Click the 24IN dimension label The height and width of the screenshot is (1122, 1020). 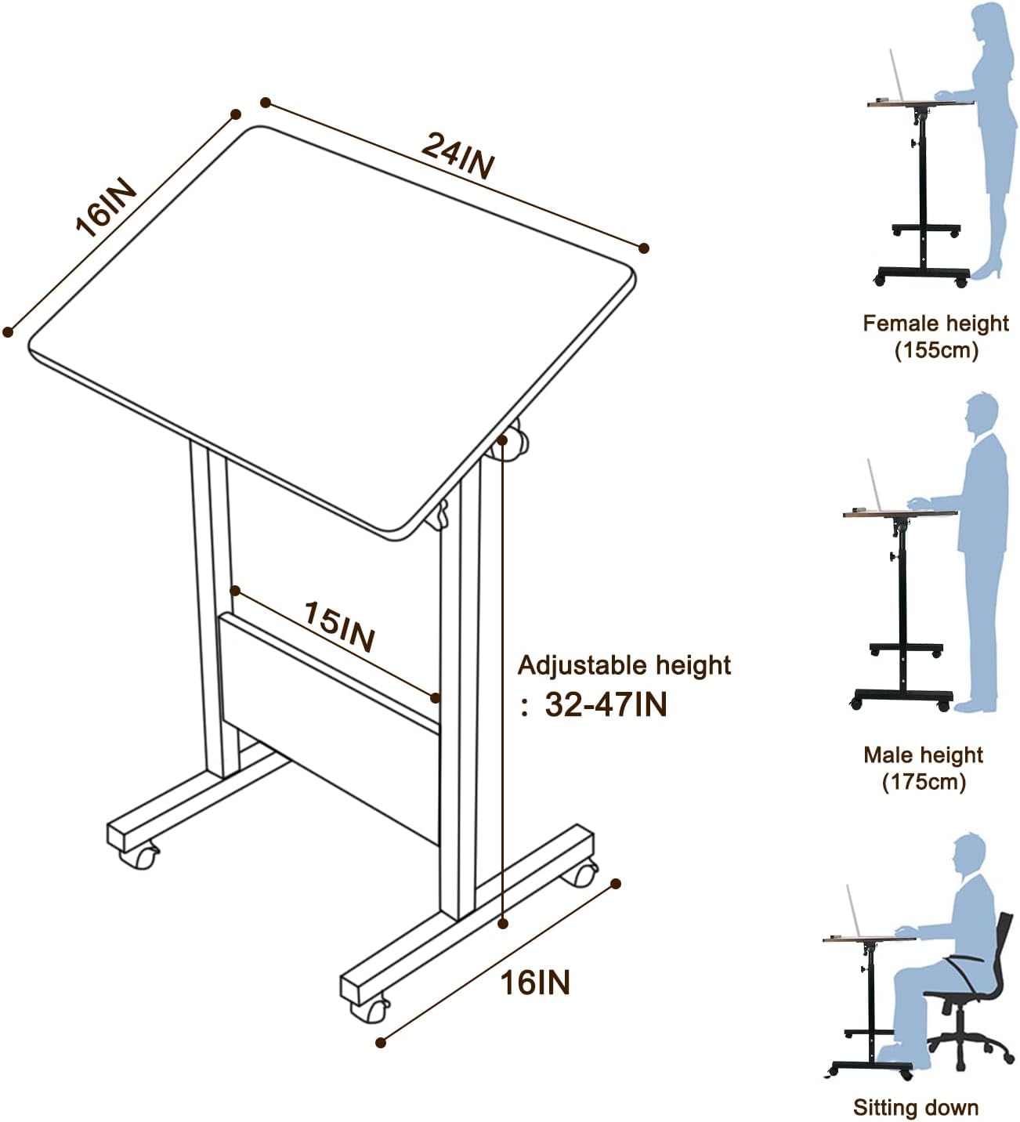coord(458,155)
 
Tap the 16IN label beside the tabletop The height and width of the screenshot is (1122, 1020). coord(106,208)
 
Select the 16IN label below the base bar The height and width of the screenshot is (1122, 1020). coord(535,982)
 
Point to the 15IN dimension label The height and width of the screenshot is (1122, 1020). coord(339,627)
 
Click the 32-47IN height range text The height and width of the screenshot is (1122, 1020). coord(606,704)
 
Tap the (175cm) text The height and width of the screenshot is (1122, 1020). coord(924,781)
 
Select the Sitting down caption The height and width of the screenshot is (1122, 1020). coord(916,1107)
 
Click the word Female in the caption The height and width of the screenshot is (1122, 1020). coord(898,323)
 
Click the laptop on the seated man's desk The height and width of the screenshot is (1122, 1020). coord(855,912)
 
